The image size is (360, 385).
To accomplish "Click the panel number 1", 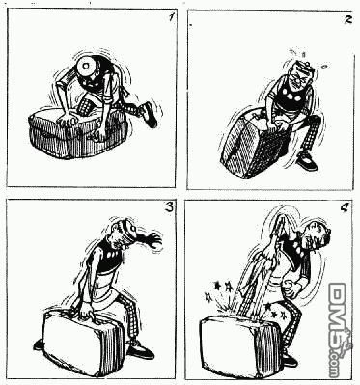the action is (172, 17).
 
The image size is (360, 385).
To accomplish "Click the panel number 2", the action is (348, 20).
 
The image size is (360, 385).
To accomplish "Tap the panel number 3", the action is (169, 207).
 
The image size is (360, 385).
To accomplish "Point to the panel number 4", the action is (344, 208).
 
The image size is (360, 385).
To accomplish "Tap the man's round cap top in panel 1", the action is (87, 66).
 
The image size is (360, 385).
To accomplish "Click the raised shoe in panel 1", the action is (150, 115).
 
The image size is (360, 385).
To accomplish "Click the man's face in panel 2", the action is (297, 78).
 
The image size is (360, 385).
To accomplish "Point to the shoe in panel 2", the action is (307, 161).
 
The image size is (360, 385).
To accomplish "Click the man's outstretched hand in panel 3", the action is (152, 240).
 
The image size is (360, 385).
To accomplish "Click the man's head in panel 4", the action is (317, 236).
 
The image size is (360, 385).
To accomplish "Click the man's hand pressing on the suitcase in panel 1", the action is (67, 120).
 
